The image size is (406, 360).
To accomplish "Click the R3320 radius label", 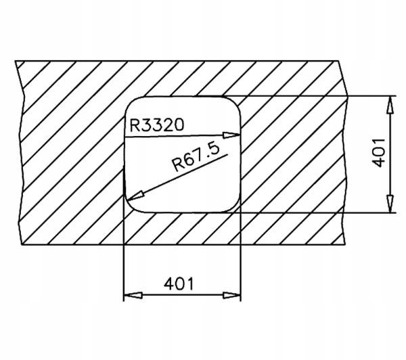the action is (157, 125).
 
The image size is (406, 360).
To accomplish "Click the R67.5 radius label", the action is (197, 157).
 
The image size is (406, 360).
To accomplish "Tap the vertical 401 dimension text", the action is (378, 153).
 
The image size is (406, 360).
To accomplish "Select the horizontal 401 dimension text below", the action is (179, 284).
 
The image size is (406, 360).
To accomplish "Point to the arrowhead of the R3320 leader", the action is (231, 135).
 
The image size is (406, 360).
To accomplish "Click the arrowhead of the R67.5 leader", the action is (135, 196).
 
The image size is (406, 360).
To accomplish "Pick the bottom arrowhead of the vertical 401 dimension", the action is (390, 204).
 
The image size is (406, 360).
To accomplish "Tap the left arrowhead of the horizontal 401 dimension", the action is (133, 295).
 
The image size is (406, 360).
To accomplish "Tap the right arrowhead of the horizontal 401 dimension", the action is (231, 295).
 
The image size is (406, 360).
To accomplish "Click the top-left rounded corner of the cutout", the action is (131, 102).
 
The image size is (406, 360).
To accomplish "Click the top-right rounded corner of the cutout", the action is (235, 102).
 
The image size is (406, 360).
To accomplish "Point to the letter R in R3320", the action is (134, 125).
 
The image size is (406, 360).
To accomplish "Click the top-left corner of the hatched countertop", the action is (15, 61).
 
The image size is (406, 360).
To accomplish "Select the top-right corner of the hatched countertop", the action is (338, 61).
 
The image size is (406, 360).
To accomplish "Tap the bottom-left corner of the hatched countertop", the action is (21, 244).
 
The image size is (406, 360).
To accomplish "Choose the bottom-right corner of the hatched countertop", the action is (345, 244).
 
